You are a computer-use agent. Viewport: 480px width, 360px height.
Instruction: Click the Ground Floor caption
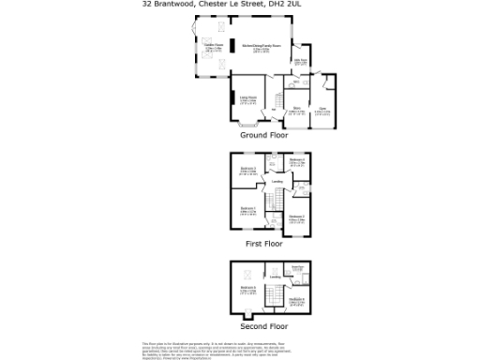[x=264, y=136]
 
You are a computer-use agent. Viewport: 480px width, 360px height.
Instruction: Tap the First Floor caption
[x=264, y=243]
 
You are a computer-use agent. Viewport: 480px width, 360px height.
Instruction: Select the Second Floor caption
[x=264, y=326]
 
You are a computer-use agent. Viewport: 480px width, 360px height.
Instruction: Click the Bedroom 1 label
[x=247, y=208]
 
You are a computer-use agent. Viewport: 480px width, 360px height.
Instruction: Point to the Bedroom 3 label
[x=247, y=170]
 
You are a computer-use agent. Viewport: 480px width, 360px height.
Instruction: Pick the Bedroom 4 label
[x=296, y=161]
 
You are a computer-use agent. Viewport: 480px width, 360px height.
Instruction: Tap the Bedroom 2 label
[x=297, y=217]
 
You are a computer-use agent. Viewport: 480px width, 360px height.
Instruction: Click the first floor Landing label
[x=277, y=182]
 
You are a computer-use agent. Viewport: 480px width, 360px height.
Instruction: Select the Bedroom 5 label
[x=247, y=288]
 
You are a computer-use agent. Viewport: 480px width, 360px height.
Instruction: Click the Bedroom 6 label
[x=297, y=300]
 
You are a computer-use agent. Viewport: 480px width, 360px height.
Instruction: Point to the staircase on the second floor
[x=277, y=297]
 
